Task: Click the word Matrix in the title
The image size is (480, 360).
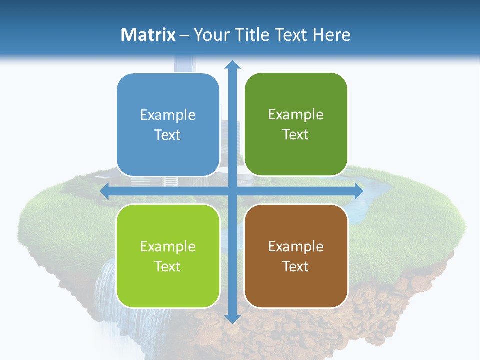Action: click(x=148, y=35)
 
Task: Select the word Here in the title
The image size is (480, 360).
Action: click(x=331, y=35)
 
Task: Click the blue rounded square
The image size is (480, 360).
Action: click(x=168, y=125)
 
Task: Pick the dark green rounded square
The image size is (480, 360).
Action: click(x=296, y=124)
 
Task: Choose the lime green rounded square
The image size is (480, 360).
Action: click(x=168, y=256)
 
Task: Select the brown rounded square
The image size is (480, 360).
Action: click(x=296, y=256)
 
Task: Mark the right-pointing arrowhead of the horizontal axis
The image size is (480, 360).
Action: click(x=359, y=191)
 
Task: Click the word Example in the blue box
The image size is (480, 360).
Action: click(x=168, y=115)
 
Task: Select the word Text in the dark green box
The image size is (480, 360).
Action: click(x=296, y=135)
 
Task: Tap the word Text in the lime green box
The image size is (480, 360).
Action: click(x=168, y=266)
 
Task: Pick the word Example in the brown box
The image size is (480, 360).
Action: click(x=296, y=246)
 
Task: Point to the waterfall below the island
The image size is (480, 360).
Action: click(x=107, y=295)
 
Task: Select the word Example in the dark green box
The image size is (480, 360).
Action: click(x=296, y=115)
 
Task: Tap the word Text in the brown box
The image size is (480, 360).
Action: click(x=296, y=266)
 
